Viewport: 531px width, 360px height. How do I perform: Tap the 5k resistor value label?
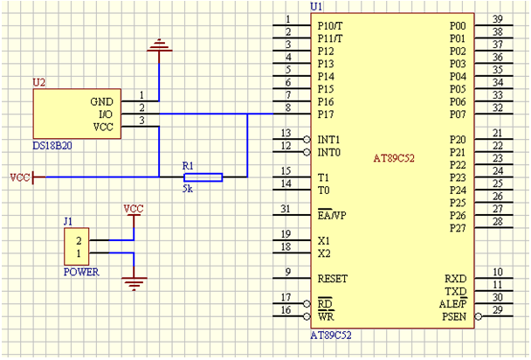188,188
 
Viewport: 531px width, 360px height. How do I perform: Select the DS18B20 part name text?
52,145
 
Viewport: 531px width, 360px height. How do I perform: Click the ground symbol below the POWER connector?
134,281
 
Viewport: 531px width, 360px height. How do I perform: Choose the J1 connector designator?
68,222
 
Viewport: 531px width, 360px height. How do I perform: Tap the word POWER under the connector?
81,272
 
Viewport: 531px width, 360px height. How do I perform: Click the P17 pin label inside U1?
326,114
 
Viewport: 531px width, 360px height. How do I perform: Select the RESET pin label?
333,279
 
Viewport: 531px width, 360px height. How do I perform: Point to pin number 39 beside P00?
497,19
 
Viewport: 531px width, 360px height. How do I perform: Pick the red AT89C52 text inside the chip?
398,158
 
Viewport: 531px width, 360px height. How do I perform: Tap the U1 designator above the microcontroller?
316,6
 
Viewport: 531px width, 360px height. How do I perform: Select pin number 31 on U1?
286,209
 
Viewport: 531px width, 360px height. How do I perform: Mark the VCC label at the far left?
19,177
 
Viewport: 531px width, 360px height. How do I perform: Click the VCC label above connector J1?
134,209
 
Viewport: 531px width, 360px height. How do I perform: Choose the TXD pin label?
456,291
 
